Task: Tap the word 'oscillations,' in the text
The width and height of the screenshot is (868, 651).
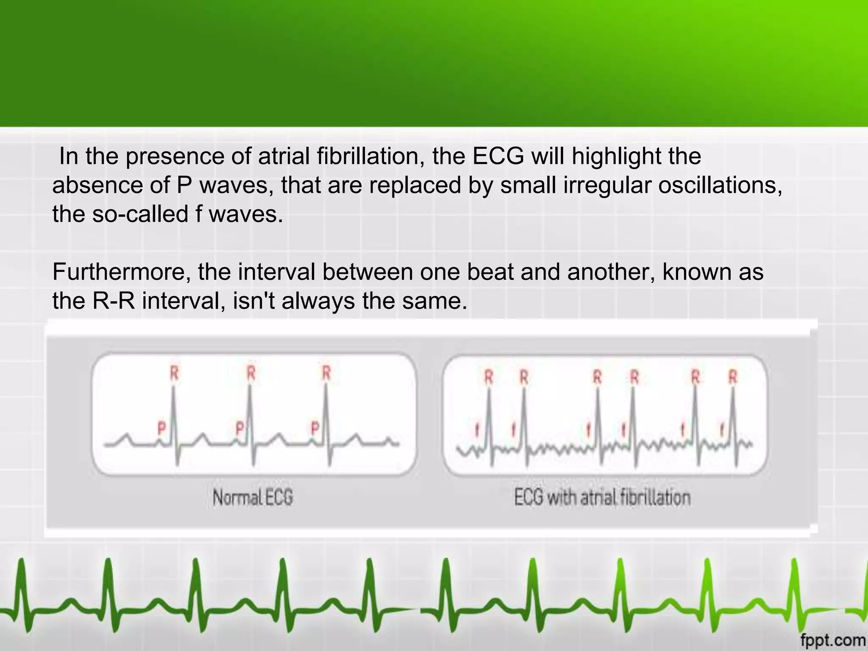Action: tap(720, 185)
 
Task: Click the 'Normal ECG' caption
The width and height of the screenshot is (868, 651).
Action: tap(253, 498)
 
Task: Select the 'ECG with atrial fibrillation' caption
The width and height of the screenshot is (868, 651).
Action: tap(602, 498)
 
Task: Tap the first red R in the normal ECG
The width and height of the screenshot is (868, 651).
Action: tap(174, 373)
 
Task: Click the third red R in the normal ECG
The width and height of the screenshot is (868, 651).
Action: tap(326, 373)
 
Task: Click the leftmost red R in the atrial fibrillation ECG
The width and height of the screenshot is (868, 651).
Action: tap(489, 376)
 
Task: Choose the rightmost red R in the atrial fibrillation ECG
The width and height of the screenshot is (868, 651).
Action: tap(733, 376)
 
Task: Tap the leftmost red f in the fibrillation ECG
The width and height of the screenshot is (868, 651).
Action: tap(477, 431)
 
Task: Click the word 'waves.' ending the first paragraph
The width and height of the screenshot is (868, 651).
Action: tap(245, 214)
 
